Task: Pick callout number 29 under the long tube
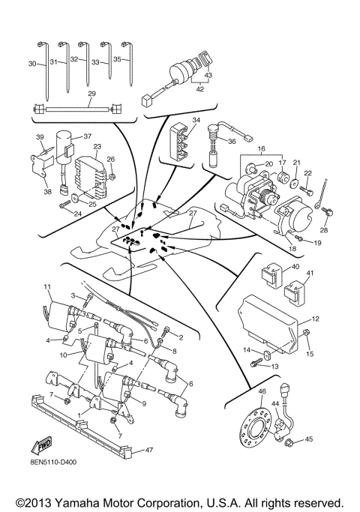click(92, 93)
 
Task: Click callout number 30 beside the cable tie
click(31, 64)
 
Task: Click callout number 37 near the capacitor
click(86, 136)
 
